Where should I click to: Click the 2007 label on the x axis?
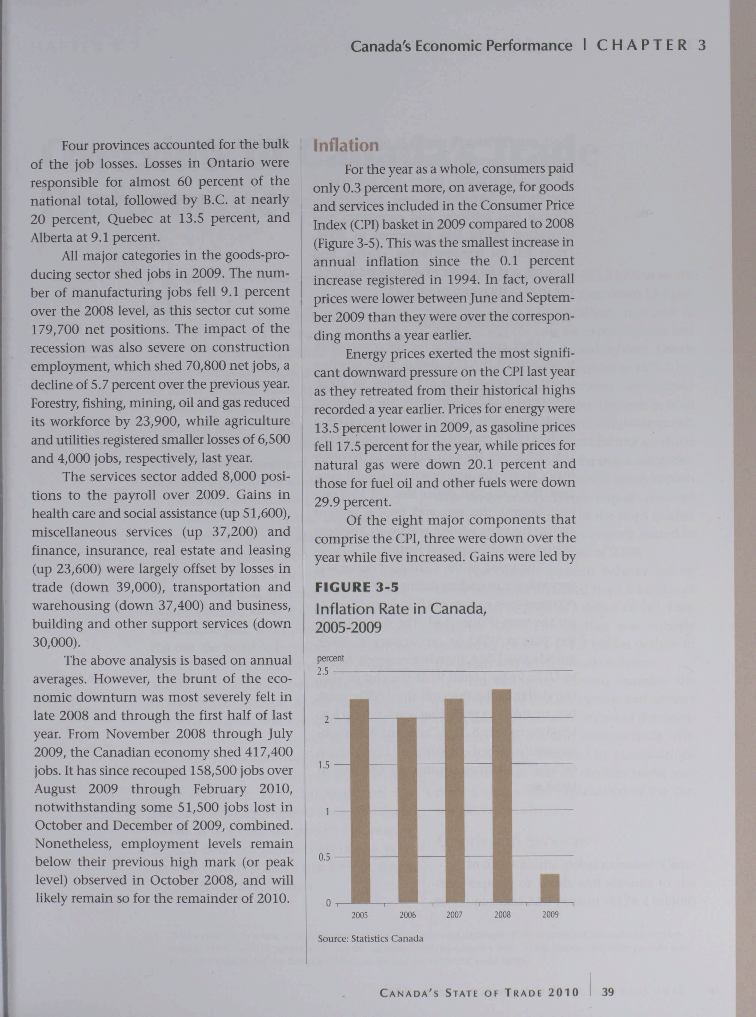point(454,915)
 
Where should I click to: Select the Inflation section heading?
point(346,146)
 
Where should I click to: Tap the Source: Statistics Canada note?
point(370,939)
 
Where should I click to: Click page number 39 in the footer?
point(608,988)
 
